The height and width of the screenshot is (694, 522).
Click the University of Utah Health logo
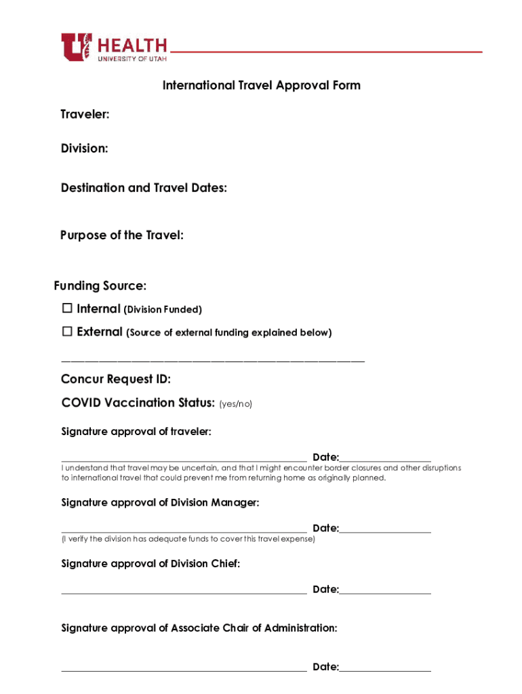coord(114,48)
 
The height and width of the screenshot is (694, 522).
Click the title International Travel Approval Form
coord(261,85)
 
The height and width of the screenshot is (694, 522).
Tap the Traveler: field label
coord(85,115)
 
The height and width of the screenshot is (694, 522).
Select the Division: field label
coord(84,148)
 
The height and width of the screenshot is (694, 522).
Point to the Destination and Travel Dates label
coord(144,188)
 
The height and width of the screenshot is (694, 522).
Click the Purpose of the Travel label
coord(122,235)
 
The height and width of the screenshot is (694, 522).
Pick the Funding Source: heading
coord(100,285)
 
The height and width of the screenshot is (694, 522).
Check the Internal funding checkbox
coord(67,309)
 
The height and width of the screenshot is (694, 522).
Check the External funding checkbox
coord(67,332)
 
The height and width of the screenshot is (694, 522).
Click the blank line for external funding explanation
coord(213,361)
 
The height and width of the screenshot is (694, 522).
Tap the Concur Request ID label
coord(116,379)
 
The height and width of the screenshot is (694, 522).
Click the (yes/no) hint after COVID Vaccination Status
coord(235,404)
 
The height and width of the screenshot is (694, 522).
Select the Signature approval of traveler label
coord(136,432)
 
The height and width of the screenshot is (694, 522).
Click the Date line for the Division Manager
coord(385,531)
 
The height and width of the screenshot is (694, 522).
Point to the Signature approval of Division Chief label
coord(150,564)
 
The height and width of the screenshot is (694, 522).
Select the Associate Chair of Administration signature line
coord(184,670)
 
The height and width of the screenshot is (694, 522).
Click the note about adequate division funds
coord(188,539)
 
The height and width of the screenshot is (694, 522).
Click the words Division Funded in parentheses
coord(163,310)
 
